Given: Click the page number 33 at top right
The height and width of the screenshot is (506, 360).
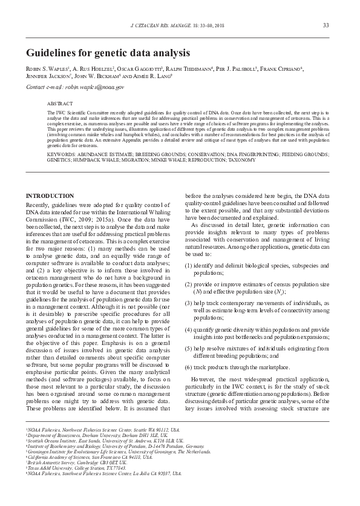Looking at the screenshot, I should [326, 25].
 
